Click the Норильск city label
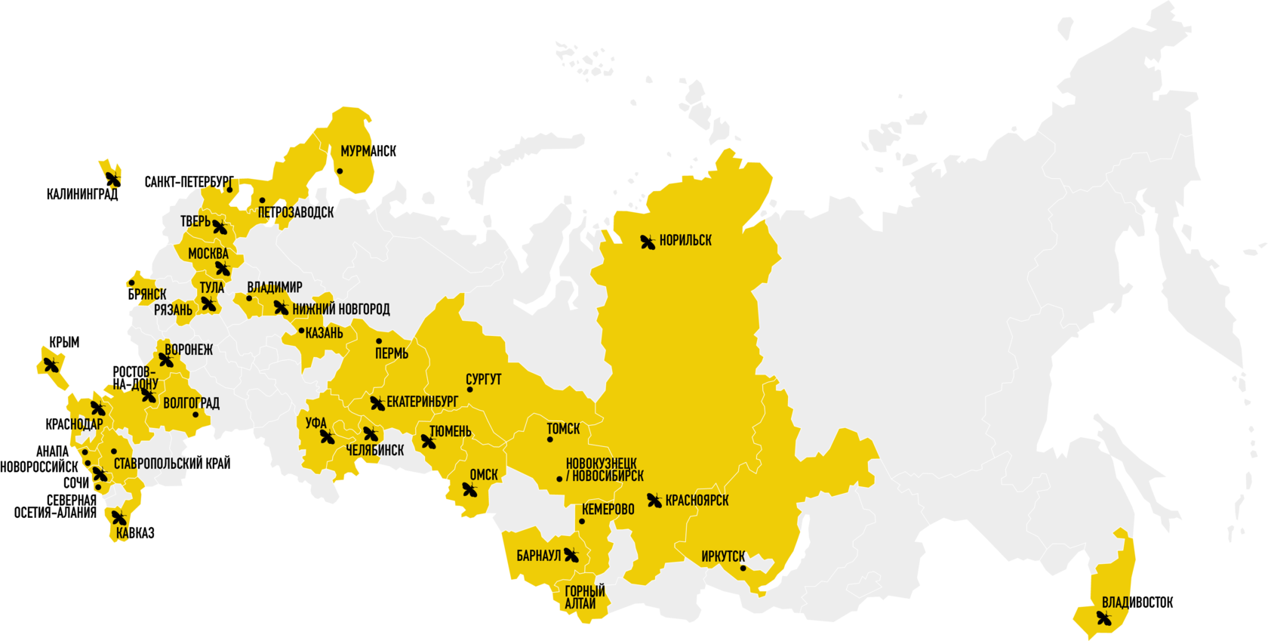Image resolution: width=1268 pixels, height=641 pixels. (685, 241)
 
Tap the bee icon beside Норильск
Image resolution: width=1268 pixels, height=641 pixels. (648, 242)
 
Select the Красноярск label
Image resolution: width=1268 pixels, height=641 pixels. (697, 501)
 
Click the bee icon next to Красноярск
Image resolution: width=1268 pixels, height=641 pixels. (654, 500)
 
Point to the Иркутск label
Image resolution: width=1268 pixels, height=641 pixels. (723, 556)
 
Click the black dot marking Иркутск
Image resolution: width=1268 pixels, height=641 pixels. (743, 569)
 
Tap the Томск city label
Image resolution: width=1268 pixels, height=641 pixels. (563, 429)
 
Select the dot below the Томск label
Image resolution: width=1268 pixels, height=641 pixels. (550, 439)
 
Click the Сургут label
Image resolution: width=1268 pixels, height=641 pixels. (483, 379)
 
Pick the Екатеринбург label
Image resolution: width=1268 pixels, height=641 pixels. (422, 402)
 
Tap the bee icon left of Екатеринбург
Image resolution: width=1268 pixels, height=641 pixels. (377, 403)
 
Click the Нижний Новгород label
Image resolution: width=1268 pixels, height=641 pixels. (341, 309)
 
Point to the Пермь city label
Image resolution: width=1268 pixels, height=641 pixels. (392, 353)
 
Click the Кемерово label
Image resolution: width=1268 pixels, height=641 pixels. (608, 510)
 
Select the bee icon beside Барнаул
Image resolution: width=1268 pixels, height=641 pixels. (571, 556)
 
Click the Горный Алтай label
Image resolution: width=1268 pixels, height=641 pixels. (584, 597)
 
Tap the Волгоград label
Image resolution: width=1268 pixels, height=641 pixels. (192, 403)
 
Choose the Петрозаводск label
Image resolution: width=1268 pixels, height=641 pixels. (296, 213)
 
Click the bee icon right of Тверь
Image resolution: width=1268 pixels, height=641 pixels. (220, 227)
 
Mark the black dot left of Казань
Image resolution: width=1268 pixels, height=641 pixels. (301, 331)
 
